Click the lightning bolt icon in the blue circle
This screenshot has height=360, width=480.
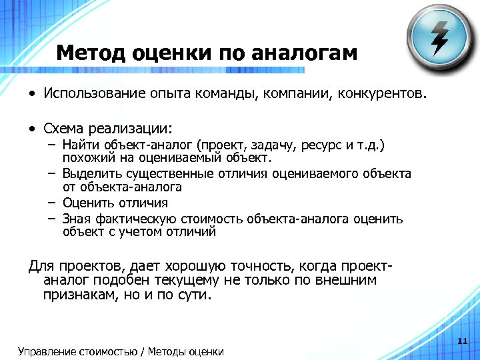(440, 38)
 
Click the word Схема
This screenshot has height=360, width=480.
(63, 127)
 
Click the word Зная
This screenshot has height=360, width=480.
(75, 219)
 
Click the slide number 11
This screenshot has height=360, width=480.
(462, 341)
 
